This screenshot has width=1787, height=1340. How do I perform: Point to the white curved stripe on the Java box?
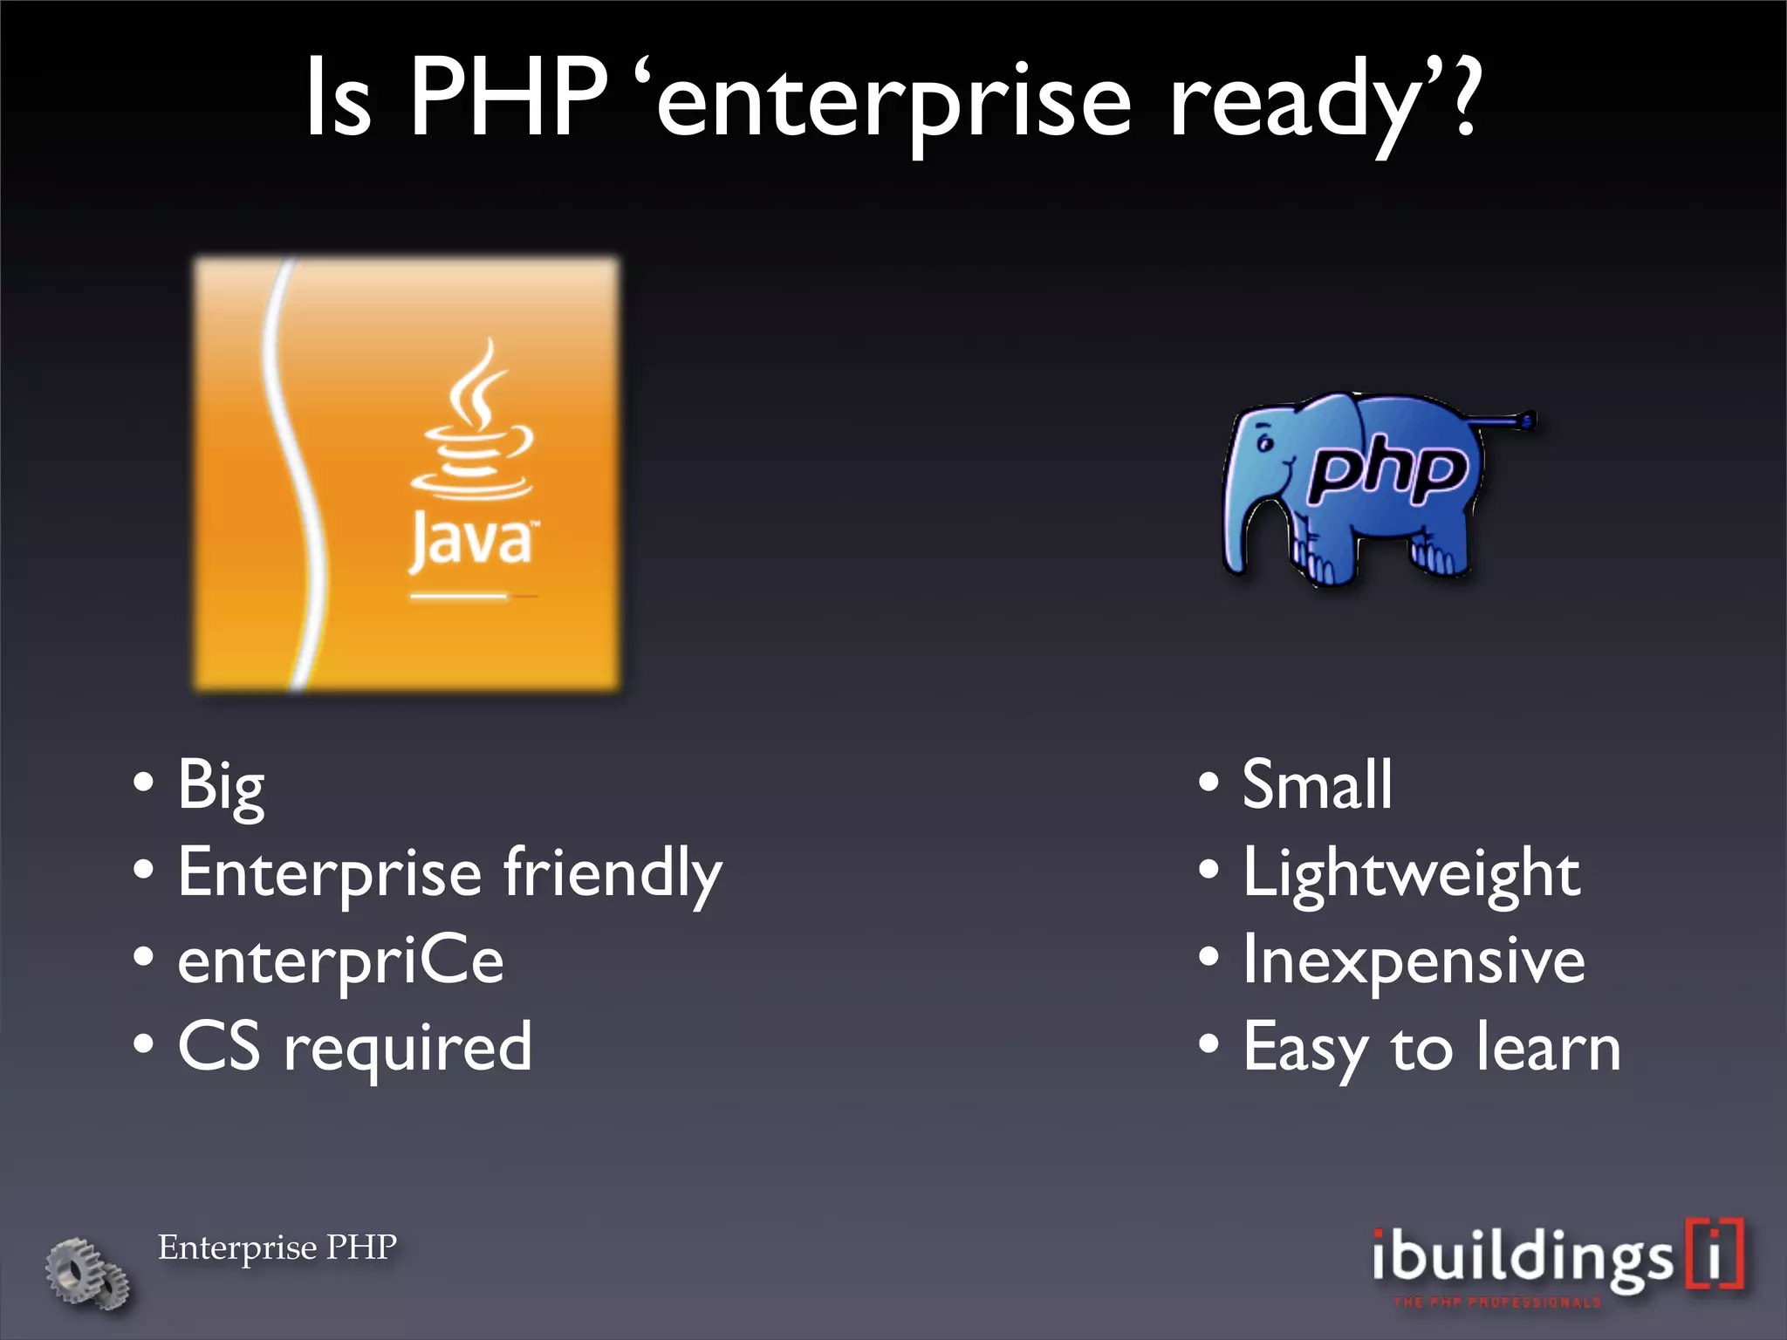tap(297, 471)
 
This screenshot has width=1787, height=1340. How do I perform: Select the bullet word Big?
tap(221, 785)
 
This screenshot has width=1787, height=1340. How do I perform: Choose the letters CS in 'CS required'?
tap(219, 1047)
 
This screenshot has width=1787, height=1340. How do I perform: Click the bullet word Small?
tap(1317, 785)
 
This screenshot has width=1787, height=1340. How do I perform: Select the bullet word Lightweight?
tap(1411, 872)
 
